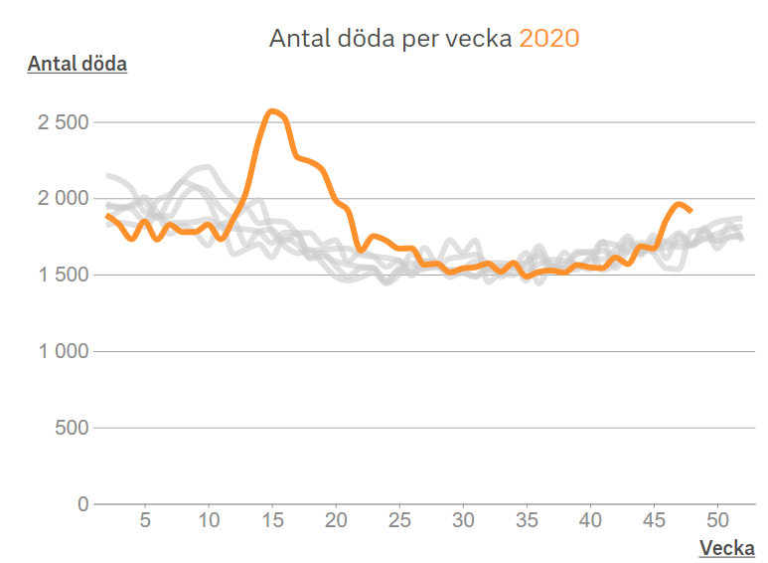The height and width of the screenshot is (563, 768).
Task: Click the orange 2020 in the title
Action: pos(548,39)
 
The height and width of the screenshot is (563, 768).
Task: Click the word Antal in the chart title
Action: pos(297,39)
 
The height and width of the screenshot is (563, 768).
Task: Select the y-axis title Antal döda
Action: pos(77,65)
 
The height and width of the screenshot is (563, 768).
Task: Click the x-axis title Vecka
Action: pos(726,548)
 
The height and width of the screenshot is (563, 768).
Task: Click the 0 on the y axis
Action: pos(82,504)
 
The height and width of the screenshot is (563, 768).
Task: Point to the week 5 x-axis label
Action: pos(145,520)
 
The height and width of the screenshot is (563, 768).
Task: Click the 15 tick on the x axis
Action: pos(272,520)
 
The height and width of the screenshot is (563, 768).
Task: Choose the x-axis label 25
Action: pos(399,520)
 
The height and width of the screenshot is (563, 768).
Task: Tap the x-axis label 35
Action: pos(527,520)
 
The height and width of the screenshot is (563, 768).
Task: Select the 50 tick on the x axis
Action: pos(717,520)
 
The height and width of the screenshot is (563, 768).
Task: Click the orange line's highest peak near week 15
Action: pos(272,110)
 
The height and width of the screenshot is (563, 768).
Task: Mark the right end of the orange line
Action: pos(691,210)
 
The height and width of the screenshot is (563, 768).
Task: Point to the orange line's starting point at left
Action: pos(107,215)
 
